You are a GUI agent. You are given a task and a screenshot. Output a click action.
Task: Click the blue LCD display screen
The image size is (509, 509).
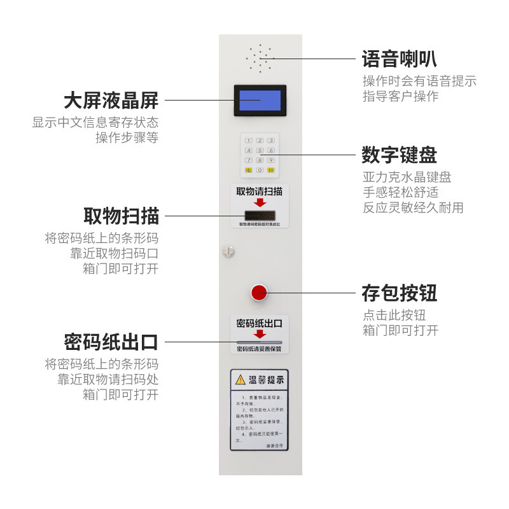260,101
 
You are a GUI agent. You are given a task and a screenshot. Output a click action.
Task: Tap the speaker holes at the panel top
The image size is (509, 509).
260,59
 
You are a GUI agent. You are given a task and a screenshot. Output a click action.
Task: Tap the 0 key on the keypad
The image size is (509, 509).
260,171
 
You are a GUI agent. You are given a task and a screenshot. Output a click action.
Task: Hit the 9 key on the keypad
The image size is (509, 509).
270,160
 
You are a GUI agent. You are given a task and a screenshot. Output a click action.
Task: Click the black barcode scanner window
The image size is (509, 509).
260,214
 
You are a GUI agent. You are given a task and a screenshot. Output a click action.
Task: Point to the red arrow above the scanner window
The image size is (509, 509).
260,202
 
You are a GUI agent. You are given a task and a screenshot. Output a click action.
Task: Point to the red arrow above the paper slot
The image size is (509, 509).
260,334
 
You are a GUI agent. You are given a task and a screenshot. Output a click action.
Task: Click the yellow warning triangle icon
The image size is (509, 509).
240,380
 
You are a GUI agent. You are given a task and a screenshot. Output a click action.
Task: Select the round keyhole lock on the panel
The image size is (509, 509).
228,252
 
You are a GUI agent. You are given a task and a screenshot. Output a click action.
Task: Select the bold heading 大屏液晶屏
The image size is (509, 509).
111,101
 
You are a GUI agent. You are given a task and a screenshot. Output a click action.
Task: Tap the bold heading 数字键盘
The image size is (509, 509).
399,155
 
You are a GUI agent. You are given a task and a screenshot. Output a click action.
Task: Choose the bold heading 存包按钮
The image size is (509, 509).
399,293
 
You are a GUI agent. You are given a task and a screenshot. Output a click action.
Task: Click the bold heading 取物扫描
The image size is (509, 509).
121,216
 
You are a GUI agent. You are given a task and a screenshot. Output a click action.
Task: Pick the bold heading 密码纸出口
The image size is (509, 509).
111,342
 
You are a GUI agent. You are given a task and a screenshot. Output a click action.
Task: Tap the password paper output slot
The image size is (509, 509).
260,342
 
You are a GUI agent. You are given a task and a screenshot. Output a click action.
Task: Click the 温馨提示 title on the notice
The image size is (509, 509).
266,380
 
